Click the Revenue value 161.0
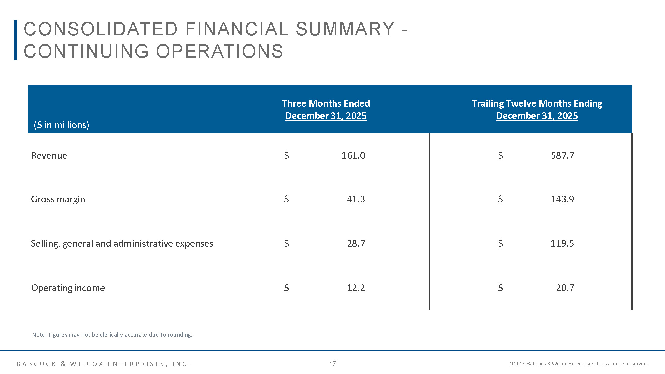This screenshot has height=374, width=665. (x=353, y=155)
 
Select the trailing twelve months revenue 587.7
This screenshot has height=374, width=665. (x=562, y=155)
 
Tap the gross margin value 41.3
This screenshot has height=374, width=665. (x=356, y=199)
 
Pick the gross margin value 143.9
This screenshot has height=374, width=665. (x=562, y=199)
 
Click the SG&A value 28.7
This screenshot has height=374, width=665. (x=356, y=243)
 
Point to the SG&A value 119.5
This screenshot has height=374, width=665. (x=562, y=243)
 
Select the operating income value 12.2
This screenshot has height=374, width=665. (x=356, y=288)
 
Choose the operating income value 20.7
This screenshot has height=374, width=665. (x=565, y=288)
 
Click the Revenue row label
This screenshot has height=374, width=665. (x=49, y=156)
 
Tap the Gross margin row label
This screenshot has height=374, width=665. (x=58, y=199)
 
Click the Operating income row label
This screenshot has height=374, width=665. (x=68, y=288)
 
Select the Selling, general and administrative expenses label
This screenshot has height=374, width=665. (x=122, y=244)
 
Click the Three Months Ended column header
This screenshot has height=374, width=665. (x=326, y=104)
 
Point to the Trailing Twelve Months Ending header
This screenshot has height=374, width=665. (x=537, y=104)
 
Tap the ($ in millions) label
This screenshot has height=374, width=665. (x=62, y=125)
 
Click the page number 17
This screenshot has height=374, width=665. (x=332, y=364)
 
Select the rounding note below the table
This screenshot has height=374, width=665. (x=112, y=335)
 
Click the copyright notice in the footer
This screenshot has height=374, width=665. (x=578, y=364)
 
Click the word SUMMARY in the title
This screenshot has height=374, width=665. (x=345, y=29)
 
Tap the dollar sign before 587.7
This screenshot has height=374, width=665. (x=500, y=155)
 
